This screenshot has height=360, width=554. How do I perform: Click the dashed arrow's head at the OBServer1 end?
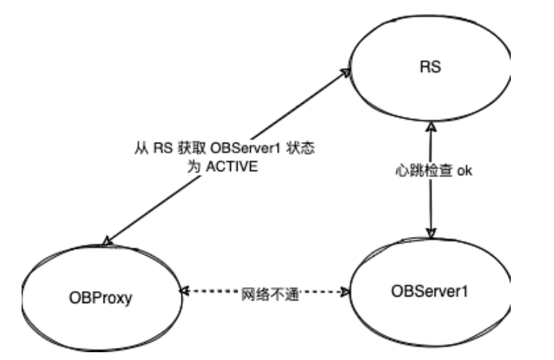pyautogui.click(x=346, y=292)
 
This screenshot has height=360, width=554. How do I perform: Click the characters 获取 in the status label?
pyautogui.click(x=192, y=147)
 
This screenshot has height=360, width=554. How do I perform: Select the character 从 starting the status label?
pyautogui.click(x=142, y=147)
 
